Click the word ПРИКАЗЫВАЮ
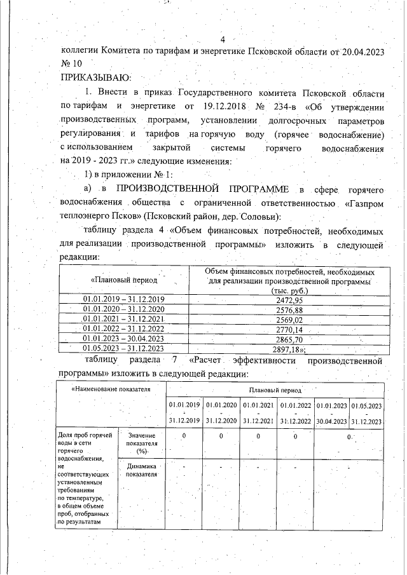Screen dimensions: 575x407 (x=95, y=78)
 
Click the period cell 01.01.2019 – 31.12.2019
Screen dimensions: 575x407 (x=124, y=299)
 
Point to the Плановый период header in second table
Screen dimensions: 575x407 (x=273, y=388)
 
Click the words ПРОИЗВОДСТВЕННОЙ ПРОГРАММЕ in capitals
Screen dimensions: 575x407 (x=202, y=189)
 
